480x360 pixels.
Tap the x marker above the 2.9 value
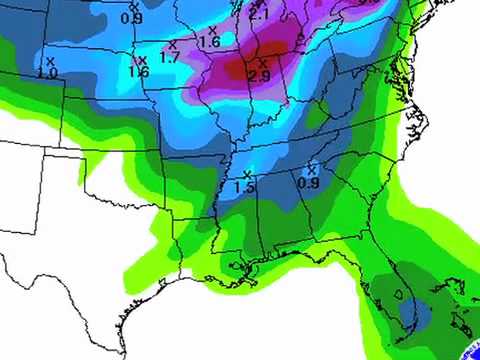[x=262, y=63]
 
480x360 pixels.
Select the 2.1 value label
[x=259, y=14]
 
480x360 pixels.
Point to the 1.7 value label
[x=171, y=58]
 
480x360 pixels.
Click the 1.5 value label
[x=244, y=187]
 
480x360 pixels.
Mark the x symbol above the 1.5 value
[x=247, y=174]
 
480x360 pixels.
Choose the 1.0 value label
[x=47, y=73]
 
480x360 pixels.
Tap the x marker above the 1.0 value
[x=50, y=61]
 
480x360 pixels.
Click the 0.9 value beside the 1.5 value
[x=309, y=181]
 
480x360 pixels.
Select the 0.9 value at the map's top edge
[x=131, y=17]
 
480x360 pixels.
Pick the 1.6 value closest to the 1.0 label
[x=139, y=72]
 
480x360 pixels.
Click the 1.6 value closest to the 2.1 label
[x=209, y=42]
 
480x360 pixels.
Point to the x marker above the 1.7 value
[x=173, y=45]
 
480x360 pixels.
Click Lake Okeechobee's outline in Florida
[x=400, y=295]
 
